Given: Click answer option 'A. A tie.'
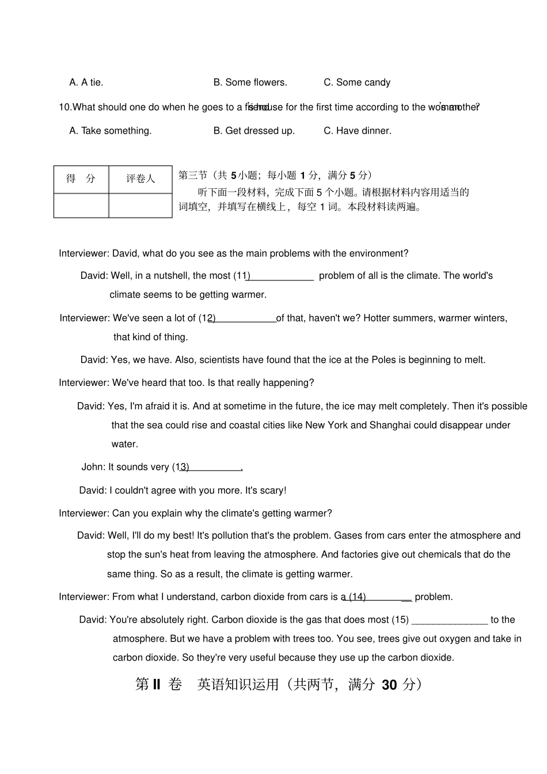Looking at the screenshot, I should tap(86, 82).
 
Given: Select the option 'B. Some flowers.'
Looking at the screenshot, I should tap(250, 82).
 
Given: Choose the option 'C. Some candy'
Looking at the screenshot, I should tap(356, 82).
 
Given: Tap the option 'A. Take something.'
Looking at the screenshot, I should tap(111, 131).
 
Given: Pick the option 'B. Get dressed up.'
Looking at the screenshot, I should tap(254, 131).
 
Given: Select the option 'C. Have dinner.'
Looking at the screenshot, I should tap(357, 131).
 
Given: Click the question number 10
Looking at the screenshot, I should tap(66, 107).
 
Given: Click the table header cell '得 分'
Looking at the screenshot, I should tap(81, 179).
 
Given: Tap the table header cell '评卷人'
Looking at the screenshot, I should tap(140, 179).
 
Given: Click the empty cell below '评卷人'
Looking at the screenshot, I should tap(140, 206).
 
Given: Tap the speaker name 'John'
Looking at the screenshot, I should tap(93, 467).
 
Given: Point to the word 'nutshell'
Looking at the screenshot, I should tap(169, 276).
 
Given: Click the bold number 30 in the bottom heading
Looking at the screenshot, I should tap(389, 684).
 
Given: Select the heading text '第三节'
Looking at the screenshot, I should tap(192, 175).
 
